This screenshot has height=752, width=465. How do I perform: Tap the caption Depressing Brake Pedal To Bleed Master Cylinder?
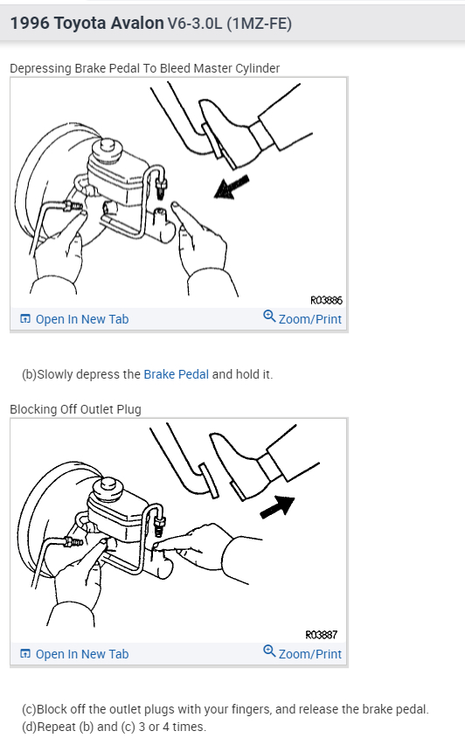[144, 68]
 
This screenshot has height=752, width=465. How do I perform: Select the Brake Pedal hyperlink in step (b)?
[176, 374]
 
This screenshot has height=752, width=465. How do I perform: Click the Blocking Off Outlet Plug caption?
[75, 409]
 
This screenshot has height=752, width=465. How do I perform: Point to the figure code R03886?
[326, 300]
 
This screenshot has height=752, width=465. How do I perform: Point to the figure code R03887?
[322, 635]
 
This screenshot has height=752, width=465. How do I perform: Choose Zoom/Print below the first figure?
[309, 319]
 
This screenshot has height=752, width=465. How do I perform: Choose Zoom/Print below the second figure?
[309, 654]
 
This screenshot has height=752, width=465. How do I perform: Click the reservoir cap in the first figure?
[111, 144]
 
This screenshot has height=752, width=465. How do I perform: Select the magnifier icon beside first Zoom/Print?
[269, 317]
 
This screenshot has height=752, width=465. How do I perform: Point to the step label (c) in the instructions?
[28, 709]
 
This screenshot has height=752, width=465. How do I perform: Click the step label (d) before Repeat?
[28, 727]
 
